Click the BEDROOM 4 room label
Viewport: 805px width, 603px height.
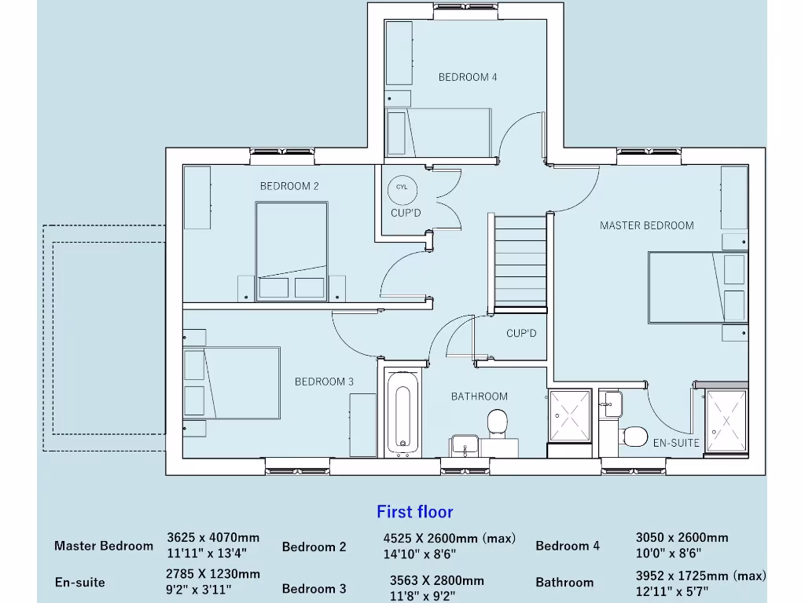pyautogui.click(x=468, y=77)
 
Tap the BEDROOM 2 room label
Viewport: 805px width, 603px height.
pyautogui.click(x=289, y=186)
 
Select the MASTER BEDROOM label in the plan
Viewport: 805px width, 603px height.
pyautogui.click(x=647, y=225)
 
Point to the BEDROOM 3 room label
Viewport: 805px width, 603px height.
pyautogui.click(x=324, y=382)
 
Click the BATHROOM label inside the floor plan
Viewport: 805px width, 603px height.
pyautogui.click(x=480, y=397)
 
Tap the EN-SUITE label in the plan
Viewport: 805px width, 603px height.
pyautogui.click(x=676, y=443)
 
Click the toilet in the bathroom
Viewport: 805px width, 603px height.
pyautogui.click(x=498, y=423)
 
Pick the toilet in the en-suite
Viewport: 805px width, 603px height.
pyautogui.click(x=634, y=435)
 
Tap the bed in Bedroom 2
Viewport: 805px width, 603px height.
pyautogui.click(x=291, y=250)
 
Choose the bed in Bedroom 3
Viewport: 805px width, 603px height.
pyautogui.click(x=232, y=383)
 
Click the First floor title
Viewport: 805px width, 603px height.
pyautogui.click(x=415, y=512)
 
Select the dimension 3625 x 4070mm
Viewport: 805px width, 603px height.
pyautogui.click(x=213, y=538)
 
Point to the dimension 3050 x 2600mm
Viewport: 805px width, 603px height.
pyautogui.click(x=682, y=538)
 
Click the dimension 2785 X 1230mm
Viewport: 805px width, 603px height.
pyautogui.click(x=213, y=574)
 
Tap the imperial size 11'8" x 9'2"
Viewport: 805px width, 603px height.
pyautogui.click(x=423, y=595)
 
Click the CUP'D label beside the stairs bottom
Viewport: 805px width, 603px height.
pyautogui.click(x=521, y=334)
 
